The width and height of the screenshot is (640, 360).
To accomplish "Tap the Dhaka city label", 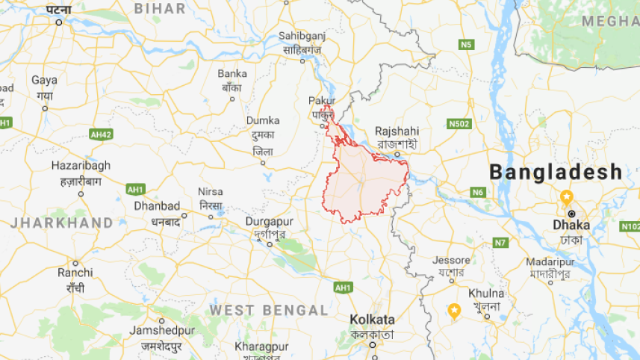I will (571, 224).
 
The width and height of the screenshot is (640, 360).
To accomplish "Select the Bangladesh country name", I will (556, 172).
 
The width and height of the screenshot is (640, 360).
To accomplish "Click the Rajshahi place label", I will (397, 130).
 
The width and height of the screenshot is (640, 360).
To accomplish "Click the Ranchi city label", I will (75, 273).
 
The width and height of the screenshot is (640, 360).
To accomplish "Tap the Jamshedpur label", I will (161, 330).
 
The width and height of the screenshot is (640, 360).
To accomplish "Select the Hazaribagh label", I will (81, 165).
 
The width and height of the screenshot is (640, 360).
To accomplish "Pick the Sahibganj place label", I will (302, 36).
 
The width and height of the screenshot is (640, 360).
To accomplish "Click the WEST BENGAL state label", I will (269, 310).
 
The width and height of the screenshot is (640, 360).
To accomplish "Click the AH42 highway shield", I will (100, 134).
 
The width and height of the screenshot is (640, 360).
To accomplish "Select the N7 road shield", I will (500, 242).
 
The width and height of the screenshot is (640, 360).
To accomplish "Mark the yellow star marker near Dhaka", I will (567, 198).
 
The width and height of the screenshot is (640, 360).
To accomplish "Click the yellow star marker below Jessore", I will (453, 309).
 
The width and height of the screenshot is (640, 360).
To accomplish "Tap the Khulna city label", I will (486, 293).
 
